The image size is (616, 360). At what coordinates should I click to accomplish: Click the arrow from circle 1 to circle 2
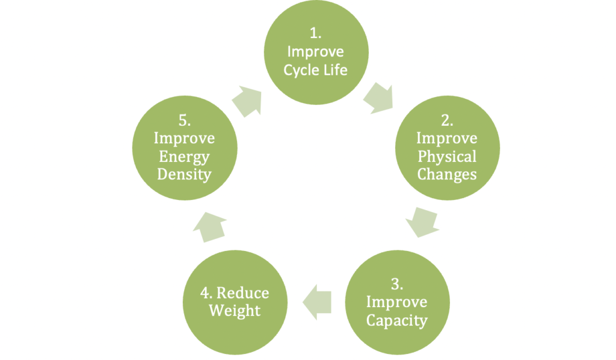click(378, 96)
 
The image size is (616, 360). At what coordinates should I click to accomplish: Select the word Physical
click(447, 157)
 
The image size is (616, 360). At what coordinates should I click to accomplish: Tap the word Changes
click(447, 175)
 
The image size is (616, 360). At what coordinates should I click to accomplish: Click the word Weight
click(235, 311)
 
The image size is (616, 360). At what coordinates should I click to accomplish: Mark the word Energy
click(184, 157)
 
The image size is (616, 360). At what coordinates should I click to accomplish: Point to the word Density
click(184, 175)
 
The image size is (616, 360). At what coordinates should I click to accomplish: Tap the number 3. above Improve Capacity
click(397, 284)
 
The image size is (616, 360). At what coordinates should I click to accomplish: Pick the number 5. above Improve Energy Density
click(184, 120)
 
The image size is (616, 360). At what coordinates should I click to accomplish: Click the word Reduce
click(242, 293)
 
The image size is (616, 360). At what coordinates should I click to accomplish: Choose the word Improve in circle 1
click(316, 51)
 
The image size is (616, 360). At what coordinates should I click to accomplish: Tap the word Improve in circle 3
click(397, 302)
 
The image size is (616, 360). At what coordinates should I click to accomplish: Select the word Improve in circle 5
click(184, 138)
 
